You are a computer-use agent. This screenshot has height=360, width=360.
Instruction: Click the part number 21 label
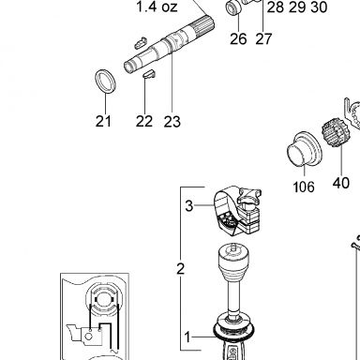coord(103,121)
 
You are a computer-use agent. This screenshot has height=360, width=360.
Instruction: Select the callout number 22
coord(144,121)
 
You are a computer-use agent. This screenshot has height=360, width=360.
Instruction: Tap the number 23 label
coord(172,122)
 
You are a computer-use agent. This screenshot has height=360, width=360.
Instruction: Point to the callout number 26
coord(238,39)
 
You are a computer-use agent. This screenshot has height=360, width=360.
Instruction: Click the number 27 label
coord(263,39)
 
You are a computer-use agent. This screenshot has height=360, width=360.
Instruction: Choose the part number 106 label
coord(304,187)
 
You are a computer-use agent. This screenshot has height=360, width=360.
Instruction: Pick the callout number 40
coord(340,183)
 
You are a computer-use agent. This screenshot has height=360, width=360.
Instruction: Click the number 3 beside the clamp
coord(189,206)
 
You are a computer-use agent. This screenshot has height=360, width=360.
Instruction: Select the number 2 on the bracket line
coord(180,269)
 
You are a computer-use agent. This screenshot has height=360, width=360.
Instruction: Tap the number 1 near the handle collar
coord(187,337)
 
